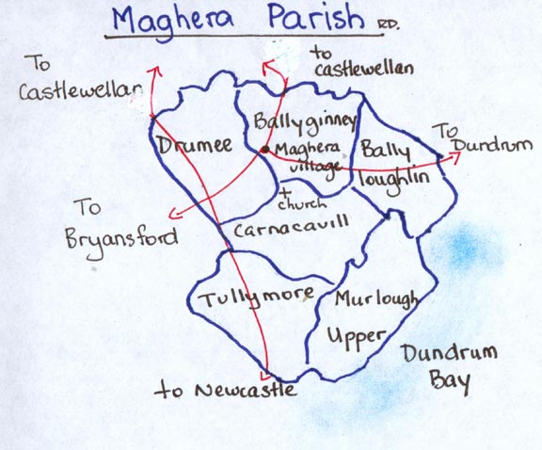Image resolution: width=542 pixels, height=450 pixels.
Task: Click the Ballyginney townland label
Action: click(x=292, y=122)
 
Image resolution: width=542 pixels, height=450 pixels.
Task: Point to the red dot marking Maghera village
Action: click(x=265, y=149)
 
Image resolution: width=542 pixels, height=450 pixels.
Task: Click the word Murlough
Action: click(x=377, y=300)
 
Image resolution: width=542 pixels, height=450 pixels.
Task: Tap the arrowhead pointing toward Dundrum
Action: click(x=455, y=159)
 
